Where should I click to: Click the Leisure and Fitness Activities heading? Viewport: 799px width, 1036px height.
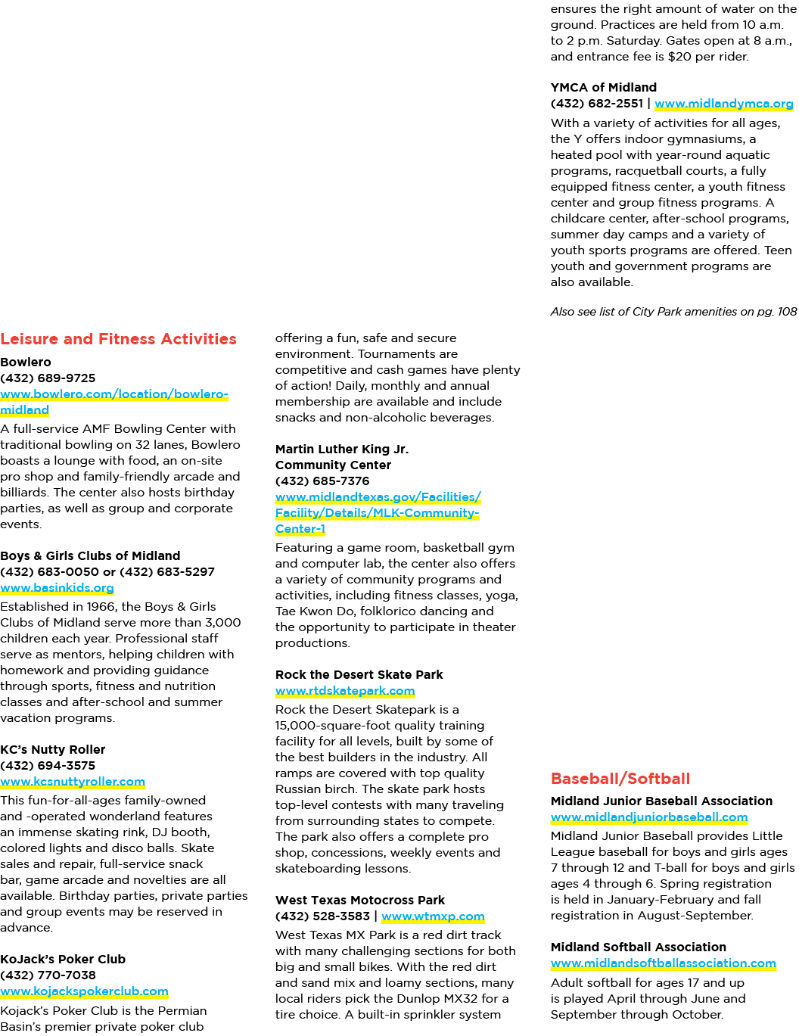click(118, 339)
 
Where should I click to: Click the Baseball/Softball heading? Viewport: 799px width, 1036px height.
click(620, 779)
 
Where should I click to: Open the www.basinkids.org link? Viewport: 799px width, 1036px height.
click(58, 588)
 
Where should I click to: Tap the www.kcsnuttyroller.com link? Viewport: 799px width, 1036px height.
click(73, 782)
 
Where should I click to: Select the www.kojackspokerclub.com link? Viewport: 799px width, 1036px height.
click(84, 991)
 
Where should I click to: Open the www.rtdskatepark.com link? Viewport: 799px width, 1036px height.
click(345, 691)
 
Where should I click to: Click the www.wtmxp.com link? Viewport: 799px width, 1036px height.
click(433, 916)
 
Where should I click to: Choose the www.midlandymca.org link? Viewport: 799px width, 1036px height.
click(724, 104)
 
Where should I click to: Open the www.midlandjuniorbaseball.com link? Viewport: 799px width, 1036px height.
click(649, 817)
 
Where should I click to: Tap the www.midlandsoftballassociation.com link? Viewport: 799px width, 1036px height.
click(664, 963)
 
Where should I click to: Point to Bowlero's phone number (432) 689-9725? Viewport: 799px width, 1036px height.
click(48, 378)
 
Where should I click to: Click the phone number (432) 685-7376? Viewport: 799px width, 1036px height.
click(322, 481)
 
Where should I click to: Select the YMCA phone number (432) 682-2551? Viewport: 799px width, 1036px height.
click(596, 104)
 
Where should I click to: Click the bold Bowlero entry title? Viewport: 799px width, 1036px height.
click(25, 362)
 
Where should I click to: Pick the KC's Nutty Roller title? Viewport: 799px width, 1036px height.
click(52, 749)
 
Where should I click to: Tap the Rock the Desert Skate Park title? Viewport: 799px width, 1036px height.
click(359, 674)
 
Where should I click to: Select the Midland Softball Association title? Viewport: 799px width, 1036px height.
click(639, 947)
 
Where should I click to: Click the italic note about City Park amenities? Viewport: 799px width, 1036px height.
click(673, 312)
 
